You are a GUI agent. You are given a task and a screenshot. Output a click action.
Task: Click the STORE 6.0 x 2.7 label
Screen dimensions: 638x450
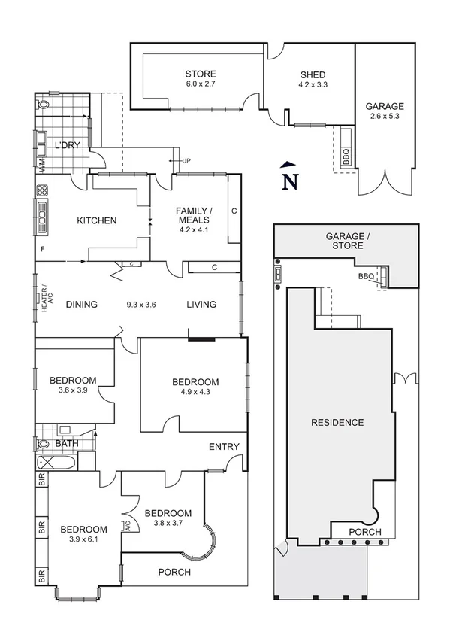[201, 79]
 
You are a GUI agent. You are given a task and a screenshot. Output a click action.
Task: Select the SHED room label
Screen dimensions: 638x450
[313, 79]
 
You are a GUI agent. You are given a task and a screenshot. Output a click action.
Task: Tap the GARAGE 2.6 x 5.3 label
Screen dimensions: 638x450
[385, 111]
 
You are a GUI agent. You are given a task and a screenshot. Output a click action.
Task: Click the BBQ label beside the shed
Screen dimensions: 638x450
[346, 156]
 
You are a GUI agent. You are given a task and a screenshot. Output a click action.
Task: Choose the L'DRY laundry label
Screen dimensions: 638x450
[67, 144]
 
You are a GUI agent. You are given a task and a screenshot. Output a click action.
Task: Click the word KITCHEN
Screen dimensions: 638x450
[97, 220]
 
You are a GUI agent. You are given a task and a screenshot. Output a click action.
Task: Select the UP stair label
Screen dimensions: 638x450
[186, 161]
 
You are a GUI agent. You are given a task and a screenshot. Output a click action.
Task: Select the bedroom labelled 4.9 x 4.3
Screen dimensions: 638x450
[194, 387]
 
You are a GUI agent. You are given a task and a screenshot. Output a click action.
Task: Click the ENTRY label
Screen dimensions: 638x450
[224, 447]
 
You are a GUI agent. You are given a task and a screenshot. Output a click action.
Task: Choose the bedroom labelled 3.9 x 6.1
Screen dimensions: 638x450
[83, 533]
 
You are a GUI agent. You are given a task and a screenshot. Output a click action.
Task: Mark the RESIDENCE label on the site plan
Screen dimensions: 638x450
[337, 422]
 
